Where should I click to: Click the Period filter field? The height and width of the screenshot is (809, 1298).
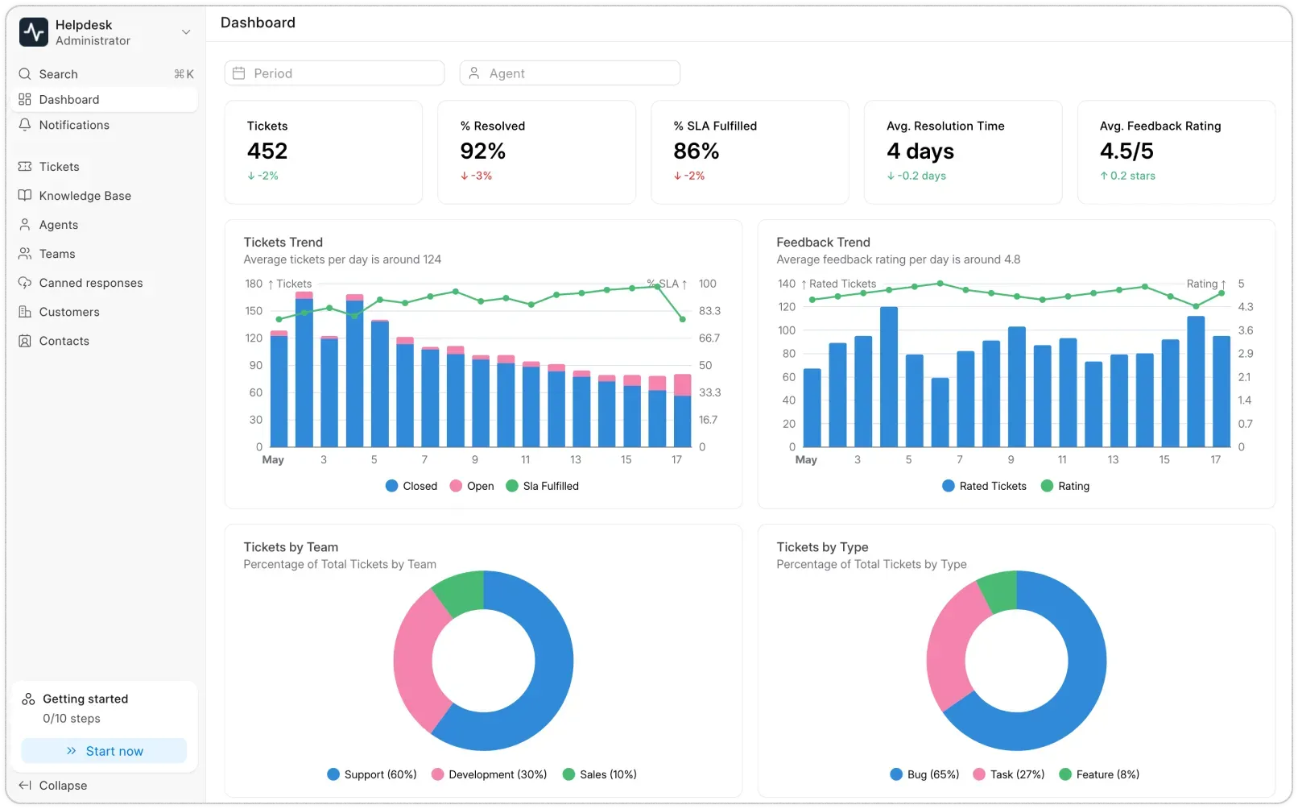pyautogui.click(x=334, y=73)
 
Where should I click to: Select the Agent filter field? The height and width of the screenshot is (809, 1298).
pyautogui.click(x=569, y=73)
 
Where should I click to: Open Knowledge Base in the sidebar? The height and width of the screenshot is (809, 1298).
pyautogui.click(x=85, y=196)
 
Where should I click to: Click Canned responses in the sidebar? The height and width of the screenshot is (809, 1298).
pyautogui.click(x=90, y=283)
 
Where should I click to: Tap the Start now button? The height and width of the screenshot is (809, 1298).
pyautogui.click(x=104, y=751)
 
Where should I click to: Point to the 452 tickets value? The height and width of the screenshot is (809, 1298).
pyautogui.click(x=267, y=151)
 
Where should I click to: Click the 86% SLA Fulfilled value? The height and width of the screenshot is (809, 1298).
pyautogui.click(x=697, y=151)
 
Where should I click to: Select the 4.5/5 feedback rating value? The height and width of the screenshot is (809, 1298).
pyautogui.click(x=1126, y=151)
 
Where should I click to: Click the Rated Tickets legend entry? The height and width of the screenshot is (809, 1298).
pyautogui.click(x=984, y=486)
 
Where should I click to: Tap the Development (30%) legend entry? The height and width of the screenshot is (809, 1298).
pyautogui.click(x=489, y=774)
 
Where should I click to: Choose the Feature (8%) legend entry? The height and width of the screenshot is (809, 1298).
pyautogui.click(x=1099, y=774)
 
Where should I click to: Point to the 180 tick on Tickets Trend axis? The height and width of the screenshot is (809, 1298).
pyautogui.click(x=254, y=284)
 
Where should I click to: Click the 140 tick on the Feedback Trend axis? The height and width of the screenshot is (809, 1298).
pyautogui.click(x=787, y=284)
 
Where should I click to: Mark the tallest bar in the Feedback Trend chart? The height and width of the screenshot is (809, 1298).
pyautogui.click(x=889, y=376)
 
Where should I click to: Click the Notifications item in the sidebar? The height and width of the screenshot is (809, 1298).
pyautogui.click(x=74, y=125)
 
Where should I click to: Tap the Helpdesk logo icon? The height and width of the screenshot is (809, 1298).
pyautogui.click(x=34, y=32)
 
